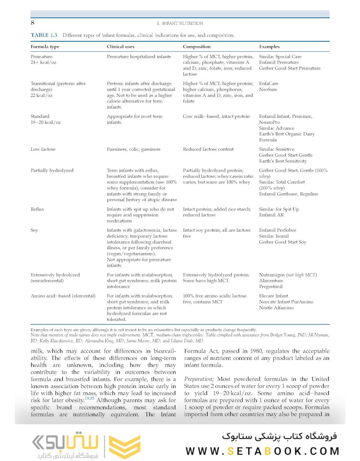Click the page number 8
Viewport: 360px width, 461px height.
32,23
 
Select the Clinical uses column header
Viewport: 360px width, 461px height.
121,47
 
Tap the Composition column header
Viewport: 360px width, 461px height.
197,47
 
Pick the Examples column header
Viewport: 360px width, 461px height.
270,47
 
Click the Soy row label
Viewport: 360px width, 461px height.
34,230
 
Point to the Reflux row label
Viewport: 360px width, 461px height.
37,209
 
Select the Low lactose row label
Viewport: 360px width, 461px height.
43,149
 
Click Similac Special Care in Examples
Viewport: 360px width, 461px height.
280,56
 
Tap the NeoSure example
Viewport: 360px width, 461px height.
269,90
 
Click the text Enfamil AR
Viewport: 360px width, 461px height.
271,215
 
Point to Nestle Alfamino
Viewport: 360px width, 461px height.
276,308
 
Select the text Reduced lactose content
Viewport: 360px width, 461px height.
208,149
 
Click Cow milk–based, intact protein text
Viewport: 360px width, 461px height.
216,116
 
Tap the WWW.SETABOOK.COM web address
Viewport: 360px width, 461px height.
263,451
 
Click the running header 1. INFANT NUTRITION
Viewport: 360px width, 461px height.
180,23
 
